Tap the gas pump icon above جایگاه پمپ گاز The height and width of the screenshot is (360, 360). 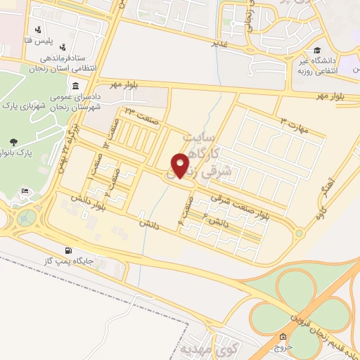pyautogui.click(x=67, y=250)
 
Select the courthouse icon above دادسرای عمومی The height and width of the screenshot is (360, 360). pyautogui.click(x=75, y=86)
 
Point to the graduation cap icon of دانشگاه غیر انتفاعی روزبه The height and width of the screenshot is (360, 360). pyautogui.click(x=318, y=51)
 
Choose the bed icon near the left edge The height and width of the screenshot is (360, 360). pyautogui.click(x=25, y=191)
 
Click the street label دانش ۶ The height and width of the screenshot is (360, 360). pyautogui.click(x=214, y=221)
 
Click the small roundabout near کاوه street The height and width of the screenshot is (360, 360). pyautogui.click(x=299, y=233)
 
